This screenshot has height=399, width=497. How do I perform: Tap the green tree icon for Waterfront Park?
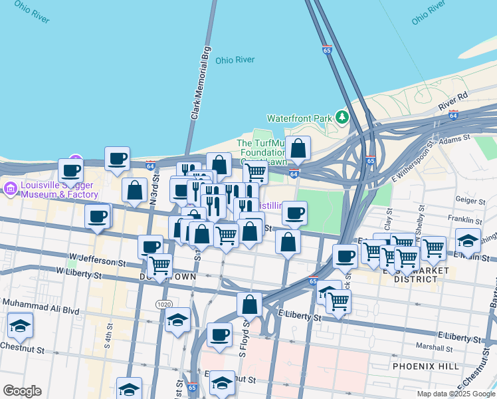342,117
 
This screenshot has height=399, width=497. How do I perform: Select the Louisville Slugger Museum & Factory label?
51,190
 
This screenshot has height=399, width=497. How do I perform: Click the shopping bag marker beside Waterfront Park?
298,148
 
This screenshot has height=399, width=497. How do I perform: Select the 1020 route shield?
164,304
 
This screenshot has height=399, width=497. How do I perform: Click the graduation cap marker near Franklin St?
468,241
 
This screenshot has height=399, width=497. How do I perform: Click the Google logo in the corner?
22,391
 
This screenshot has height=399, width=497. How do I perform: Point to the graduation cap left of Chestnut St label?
21,326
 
